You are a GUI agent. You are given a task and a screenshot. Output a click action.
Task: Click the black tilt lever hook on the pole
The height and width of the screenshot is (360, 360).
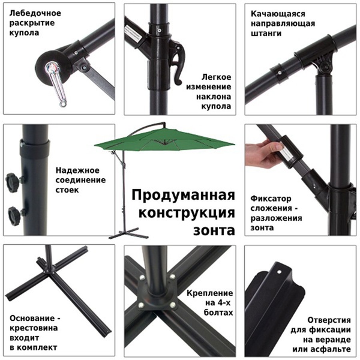pyautogui.click(x=176, y=65)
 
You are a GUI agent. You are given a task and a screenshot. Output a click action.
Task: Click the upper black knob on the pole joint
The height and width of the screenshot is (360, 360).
pyautogui.click(x=13, y=181)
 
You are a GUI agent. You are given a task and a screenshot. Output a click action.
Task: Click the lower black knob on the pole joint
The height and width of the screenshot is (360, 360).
pyautogui.click(x=13, y=214)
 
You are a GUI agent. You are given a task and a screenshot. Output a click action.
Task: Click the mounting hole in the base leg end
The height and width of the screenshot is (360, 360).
pyautogui.click(x=280, y=272)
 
